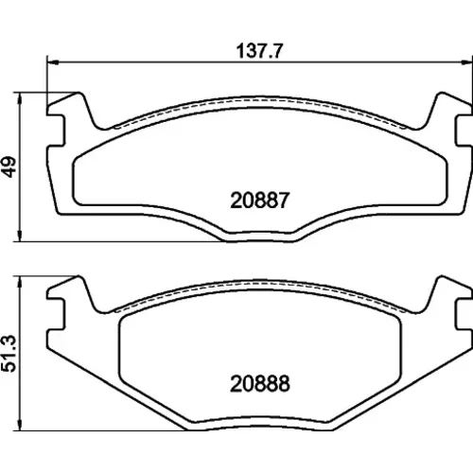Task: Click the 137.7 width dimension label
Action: click(x=260, y=51)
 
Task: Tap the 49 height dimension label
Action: click(x=9, y=166)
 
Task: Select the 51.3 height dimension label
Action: click(x=9, y=354)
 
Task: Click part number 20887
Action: click(x=259, y=201)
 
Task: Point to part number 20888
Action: click(x=259, y=384)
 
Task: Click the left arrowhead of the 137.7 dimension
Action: click(x=53, y=62)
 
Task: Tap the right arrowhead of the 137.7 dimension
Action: click(x=467, y=62)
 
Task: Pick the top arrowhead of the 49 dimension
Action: click(x=20, y=98)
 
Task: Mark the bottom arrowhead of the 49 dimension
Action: click(x=20, y=236)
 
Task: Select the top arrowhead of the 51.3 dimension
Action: click(x=20, y=283)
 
